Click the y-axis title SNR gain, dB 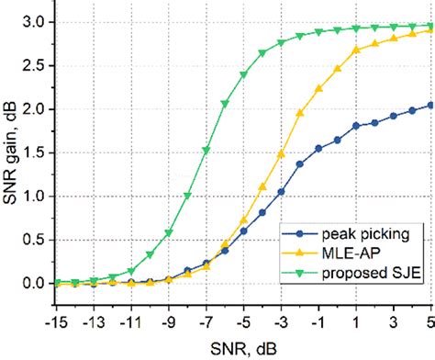(x=12, y=152)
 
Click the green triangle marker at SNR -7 (x=206, y=150)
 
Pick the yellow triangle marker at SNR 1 (x=356, y=50)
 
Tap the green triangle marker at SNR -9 (x=169, y=232)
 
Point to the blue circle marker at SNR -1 (x=318, y=148)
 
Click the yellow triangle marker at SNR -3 (x=281, y=152)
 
